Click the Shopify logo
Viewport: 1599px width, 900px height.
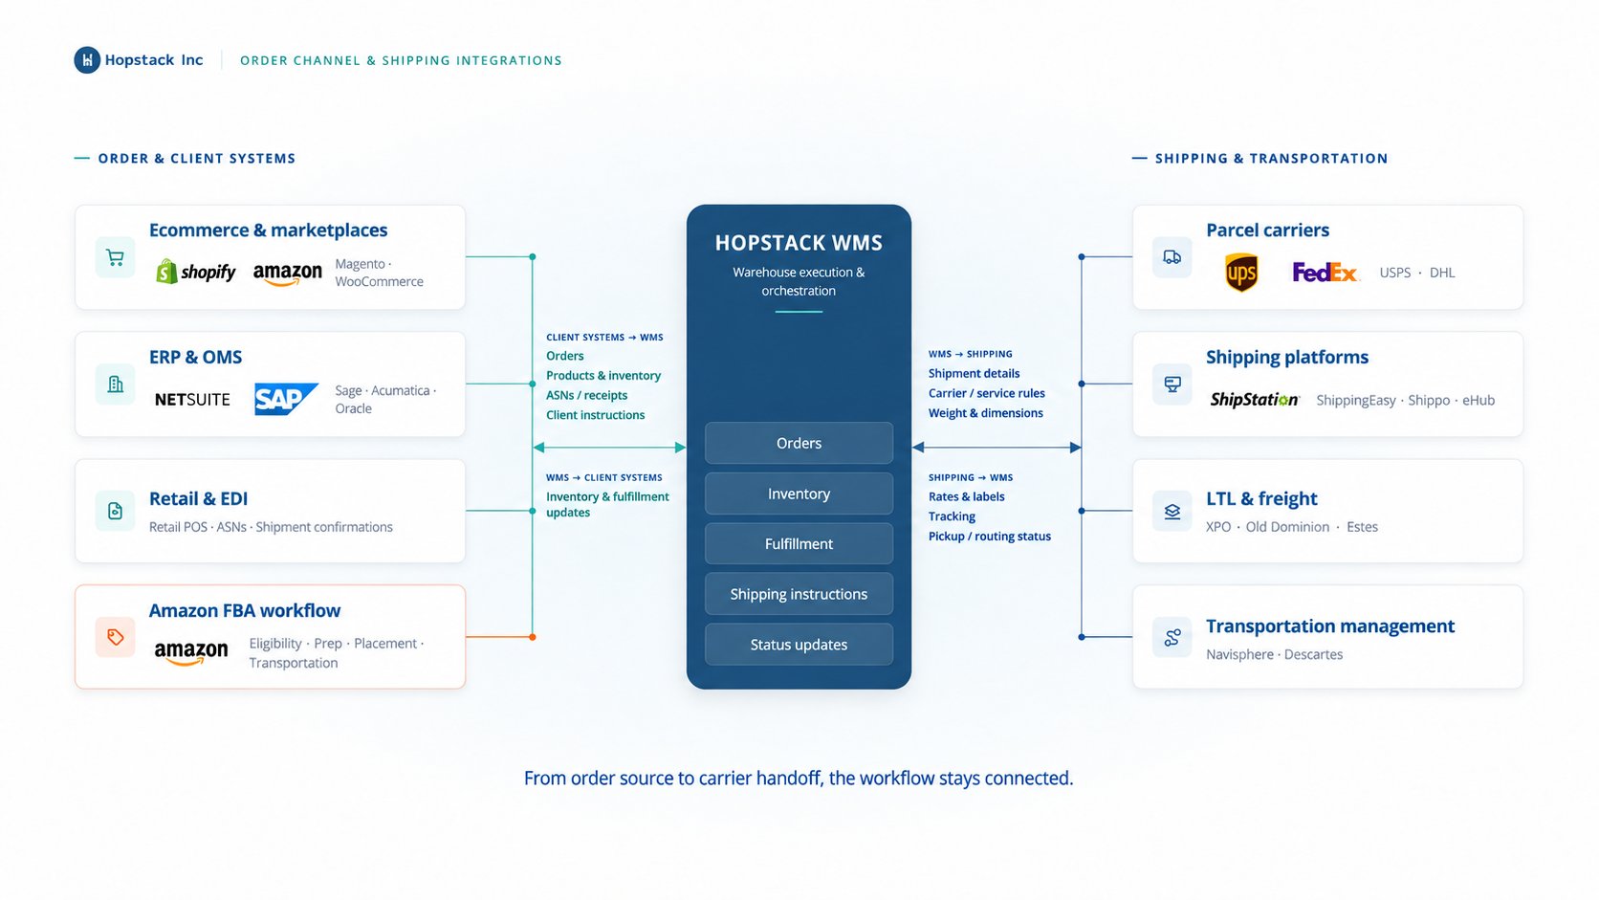(x=196, y=272)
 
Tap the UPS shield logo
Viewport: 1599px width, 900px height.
(x=1241, y=273)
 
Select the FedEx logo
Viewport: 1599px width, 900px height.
(x=1325, y=273)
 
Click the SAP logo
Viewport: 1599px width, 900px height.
(x=286, y=399)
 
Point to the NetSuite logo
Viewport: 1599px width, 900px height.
(x=193, y=400)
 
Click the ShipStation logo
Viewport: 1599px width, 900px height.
(x=1254, y=400)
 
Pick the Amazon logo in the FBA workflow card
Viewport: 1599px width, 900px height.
(x=191, y=651)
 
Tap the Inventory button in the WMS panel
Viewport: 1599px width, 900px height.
(x=799, y=494)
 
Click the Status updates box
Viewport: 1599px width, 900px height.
(x=799, y=645)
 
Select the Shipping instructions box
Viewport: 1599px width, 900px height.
(x=799, y=594)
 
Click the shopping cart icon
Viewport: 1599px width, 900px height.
(x=115, y=257)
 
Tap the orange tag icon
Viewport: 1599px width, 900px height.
(x=115, y=637)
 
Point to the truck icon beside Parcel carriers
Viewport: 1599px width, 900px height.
(x=1172, y=257)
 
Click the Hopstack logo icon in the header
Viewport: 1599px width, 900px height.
(x=87, y=60)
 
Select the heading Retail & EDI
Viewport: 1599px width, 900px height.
(x=199, y=498)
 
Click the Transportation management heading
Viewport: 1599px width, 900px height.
(x=1330, y=626)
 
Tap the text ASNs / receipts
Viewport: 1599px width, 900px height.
(x=587, y=395)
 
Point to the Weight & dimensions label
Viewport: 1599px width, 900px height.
(x=985, y=413)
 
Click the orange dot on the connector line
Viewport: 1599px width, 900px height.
(x=533, y=637)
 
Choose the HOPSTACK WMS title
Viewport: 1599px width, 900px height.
(x=799, y=243)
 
